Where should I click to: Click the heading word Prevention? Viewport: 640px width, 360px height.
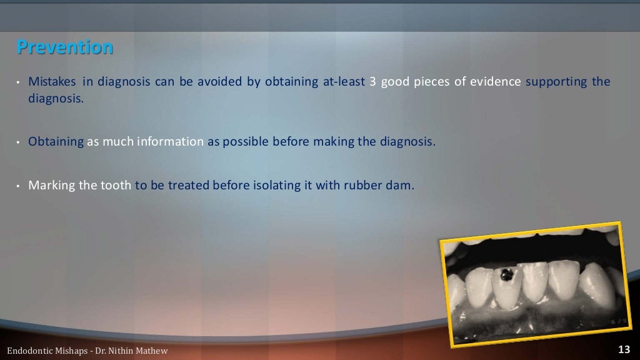point(65,47)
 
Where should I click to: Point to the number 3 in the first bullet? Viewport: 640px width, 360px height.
point(372,82)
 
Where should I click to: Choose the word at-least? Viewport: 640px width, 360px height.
point(344,82)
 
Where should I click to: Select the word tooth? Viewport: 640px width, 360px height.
point(116,186)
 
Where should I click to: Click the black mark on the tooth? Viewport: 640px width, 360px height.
point(507,274)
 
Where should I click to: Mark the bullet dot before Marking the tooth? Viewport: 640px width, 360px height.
point(19,186)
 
